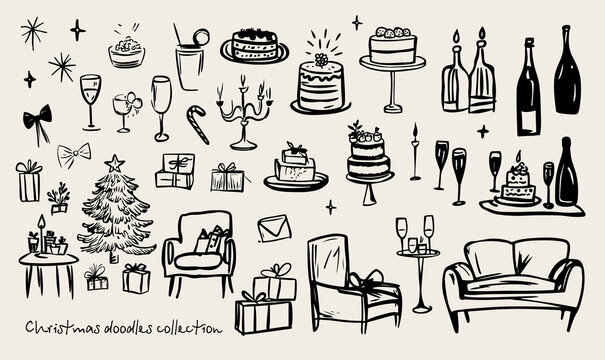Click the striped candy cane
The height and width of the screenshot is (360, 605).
pyautogui.click(x=198, y=124)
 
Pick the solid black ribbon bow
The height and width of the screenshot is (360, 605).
pyautogui.click(x=38, y=120)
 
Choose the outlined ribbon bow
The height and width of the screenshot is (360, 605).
pyautogui.click(x=73, y=154)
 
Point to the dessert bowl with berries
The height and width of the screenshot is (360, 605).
pyautogui.click(x=126, y=50)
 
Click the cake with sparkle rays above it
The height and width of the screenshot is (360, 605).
pyautogui.click(x=321, y=82)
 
